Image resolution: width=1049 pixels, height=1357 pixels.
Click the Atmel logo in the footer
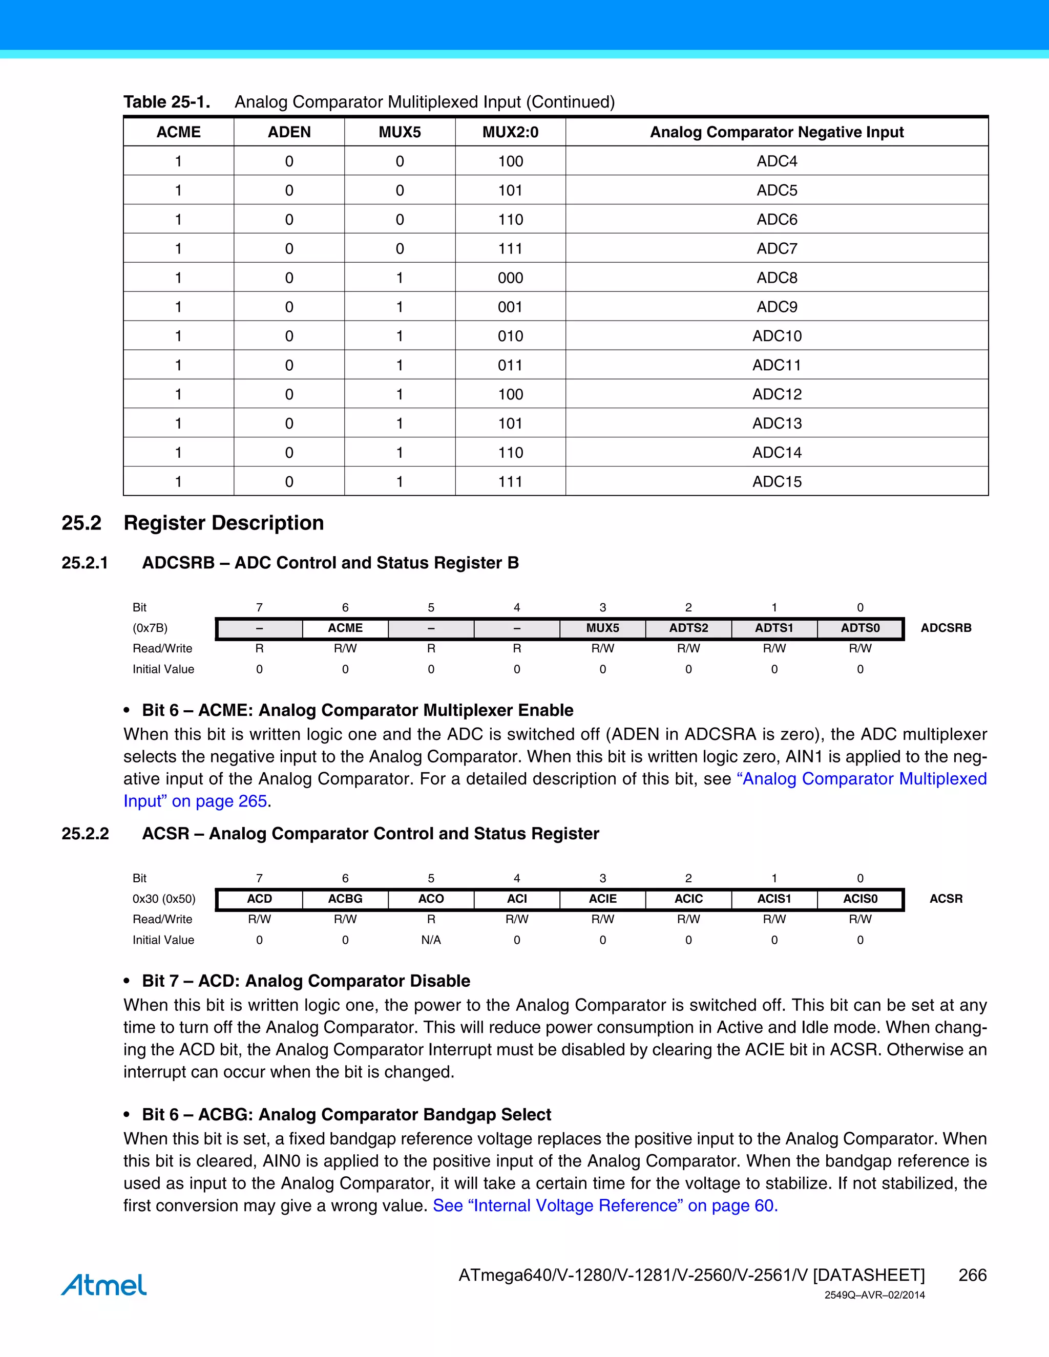click(x=104, y=1284)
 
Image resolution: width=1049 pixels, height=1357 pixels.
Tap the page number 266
click(x=972, y=1275)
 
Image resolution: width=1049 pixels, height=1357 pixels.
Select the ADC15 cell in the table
click(x=777, y=481)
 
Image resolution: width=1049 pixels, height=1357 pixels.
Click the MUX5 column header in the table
click(x=400, y=132)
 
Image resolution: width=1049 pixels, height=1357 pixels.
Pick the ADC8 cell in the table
click(x=777, y=278)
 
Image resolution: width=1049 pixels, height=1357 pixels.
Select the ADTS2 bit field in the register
click(x=688, y=628)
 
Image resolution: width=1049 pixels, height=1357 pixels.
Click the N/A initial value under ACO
click(x=431, y=940)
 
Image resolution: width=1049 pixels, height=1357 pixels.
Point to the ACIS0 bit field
click(x=860, y=899)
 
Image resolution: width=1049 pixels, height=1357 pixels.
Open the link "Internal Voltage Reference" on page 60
click(x=605, y=1205)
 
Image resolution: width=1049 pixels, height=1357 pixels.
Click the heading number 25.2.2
click(x=85, y=834)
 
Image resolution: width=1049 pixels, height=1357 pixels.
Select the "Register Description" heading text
click(x=224, y=523)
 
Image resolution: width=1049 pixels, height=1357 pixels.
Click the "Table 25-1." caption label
click(x=166, y=102)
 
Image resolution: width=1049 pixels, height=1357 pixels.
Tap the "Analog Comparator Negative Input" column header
click(x=777, y=132)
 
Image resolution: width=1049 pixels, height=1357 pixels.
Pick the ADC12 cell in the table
click(x=777, y=394)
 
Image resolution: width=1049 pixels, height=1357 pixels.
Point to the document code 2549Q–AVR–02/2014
click(x=874, y=1295)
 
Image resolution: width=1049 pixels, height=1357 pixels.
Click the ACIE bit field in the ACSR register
click(x=602, y=899)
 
